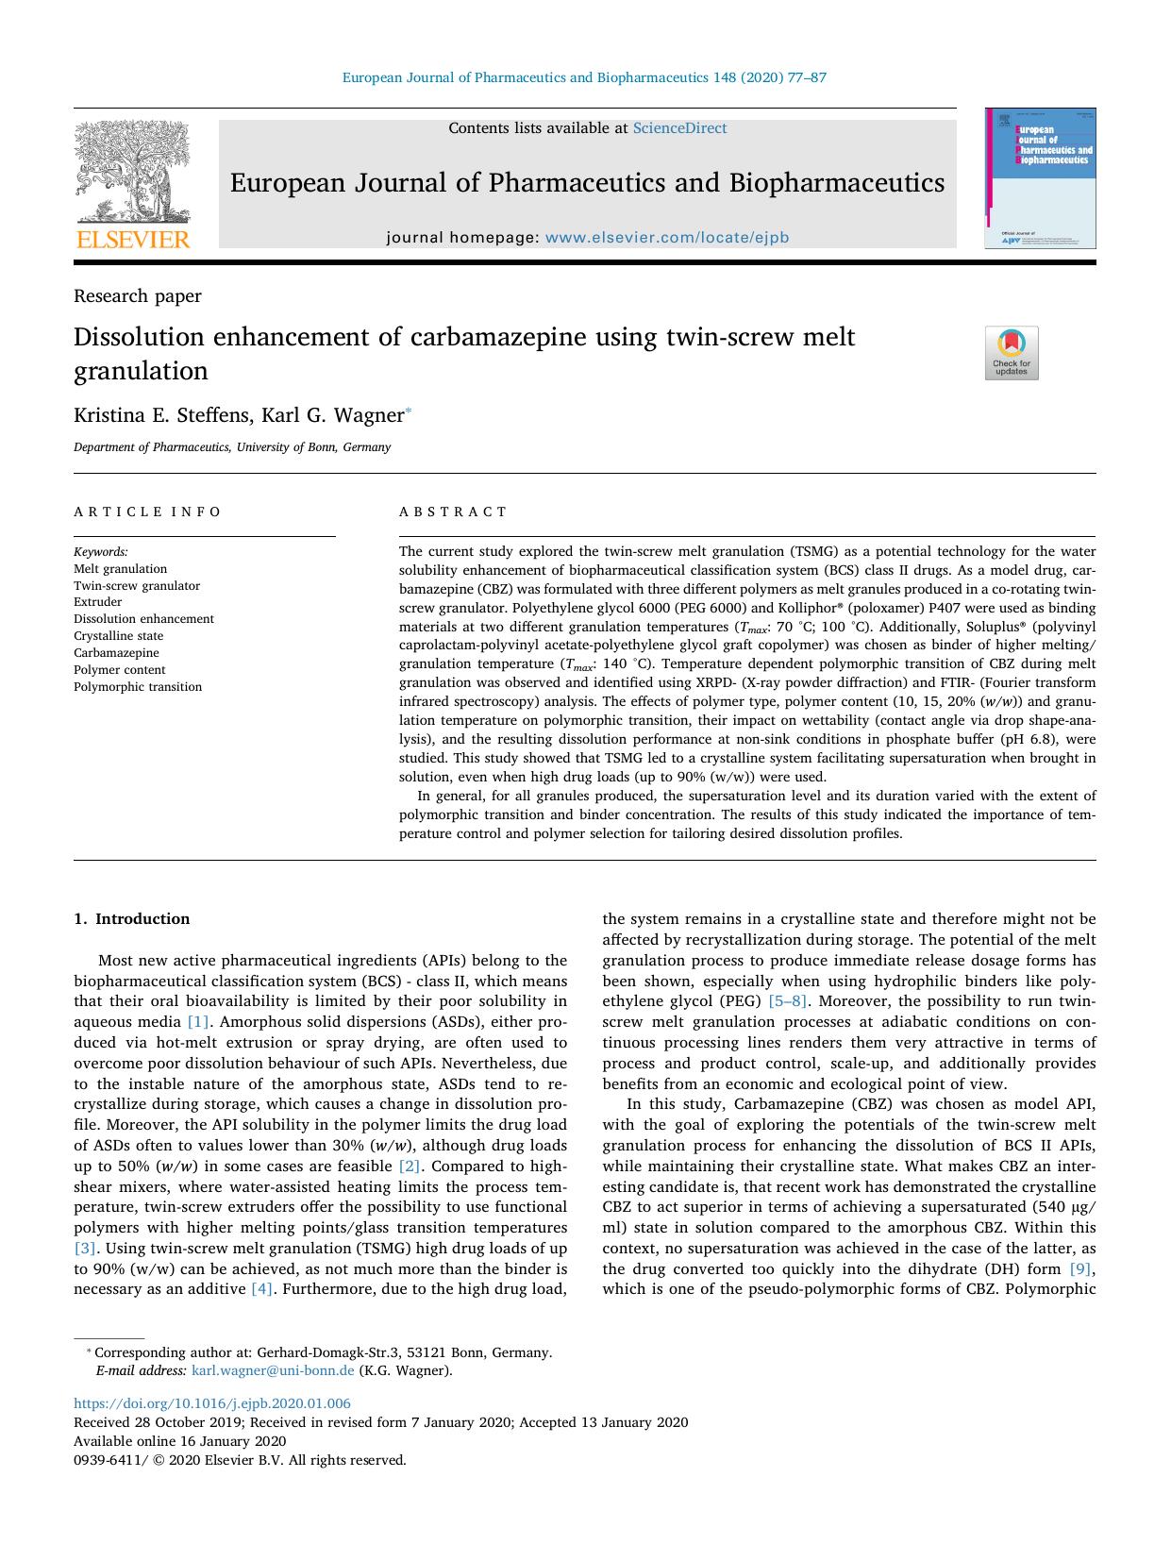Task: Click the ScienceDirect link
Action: [679, 128]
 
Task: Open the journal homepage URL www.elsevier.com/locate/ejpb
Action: [666, 238]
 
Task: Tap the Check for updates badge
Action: [1011, 353]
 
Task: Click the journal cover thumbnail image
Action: [1041, 178]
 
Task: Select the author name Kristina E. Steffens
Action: [159, 415]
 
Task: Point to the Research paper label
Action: [138, 296]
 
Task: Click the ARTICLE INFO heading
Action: [147, 512]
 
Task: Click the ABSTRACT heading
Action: [453, 512]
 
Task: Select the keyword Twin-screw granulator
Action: [137, 585]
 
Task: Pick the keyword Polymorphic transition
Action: [138, 686]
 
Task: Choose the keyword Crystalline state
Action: [118, 636]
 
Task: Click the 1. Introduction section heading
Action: [131, 918]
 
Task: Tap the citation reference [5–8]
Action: [787, 1001]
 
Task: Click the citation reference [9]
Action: [1081, 1268]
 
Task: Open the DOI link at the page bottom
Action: [212, 1403]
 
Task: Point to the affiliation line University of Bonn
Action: [232, 447]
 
